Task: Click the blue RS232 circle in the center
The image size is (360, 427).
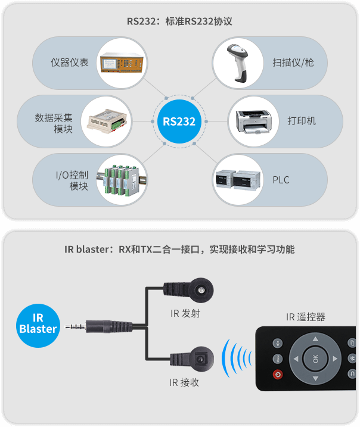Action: click(179, 121)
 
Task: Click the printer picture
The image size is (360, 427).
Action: click(254, 121)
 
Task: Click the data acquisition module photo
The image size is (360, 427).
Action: click(107, 121)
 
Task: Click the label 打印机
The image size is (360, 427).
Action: click(302, 121)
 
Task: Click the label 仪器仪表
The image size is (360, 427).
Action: click(70, 62)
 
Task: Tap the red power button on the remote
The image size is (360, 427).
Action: click(277, 375)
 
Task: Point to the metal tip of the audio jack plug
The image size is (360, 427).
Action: click(73, 326)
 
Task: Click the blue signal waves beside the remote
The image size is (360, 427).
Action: click(236, 360)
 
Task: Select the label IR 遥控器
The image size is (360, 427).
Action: click(305, 317)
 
